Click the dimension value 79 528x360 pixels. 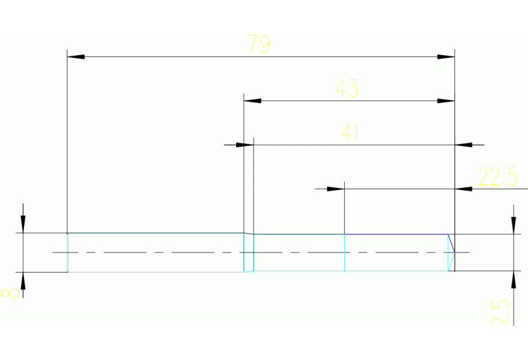click(259, 45)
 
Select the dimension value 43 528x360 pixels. click(347, 89)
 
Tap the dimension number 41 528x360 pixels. click(351, 132)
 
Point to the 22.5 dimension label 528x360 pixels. click(498, 177)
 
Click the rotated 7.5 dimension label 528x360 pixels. click(503, 312)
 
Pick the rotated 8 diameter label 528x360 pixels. click(10, 293)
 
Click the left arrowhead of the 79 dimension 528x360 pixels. click(75, 56)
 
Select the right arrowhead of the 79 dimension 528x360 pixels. click(447, 56)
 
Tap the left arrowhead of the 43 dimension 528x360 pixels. click(253, 100)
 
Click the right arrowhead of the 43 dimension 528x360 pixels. click(447, 100)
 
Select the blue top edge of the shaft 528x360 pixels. click(396, 234)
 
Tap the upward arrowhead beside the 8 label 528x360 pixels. click(23, 280)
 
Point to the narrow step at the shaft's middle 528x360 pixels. click(249, 253)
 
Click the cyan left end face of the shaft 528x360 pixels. click(67, 253)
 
